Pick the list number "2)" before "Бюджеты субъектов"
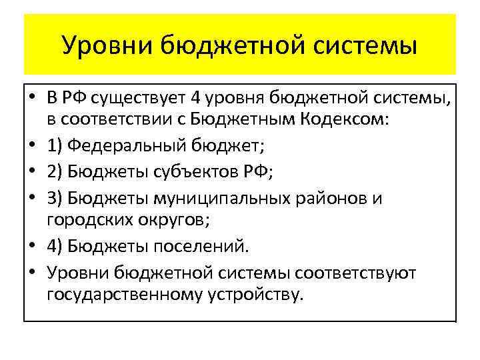(55, 173)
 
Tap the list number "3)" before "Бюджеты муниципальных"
(55, 198)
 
